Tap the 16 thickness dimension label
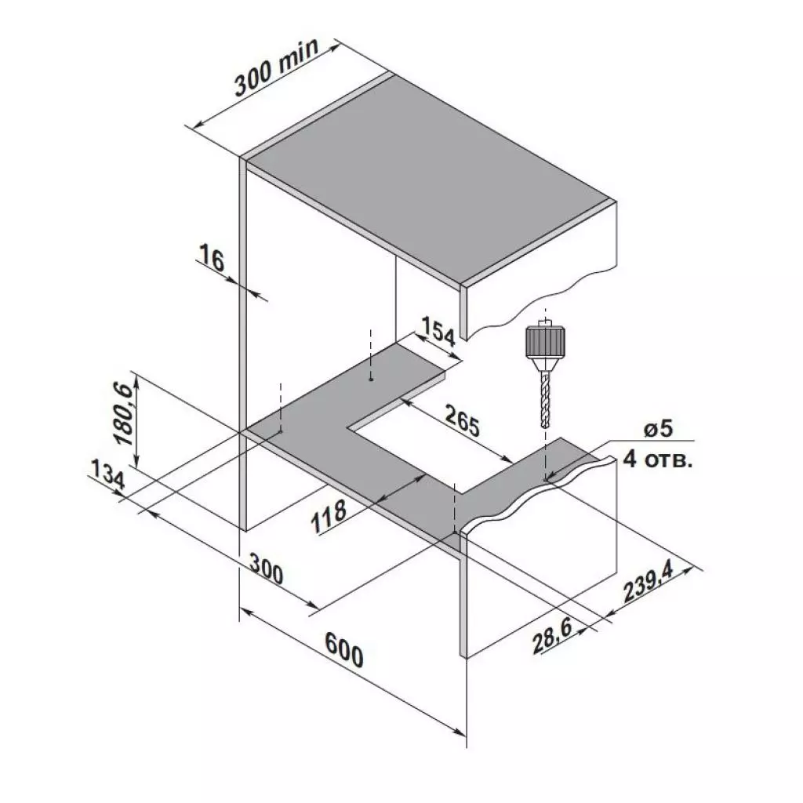click(212, 259)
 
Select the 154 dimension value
click(438, 332)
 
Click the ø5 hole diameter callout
click(657, 430)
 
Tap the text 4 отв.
click(657, 460)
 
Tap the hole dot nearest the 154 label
click(371, 378)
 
